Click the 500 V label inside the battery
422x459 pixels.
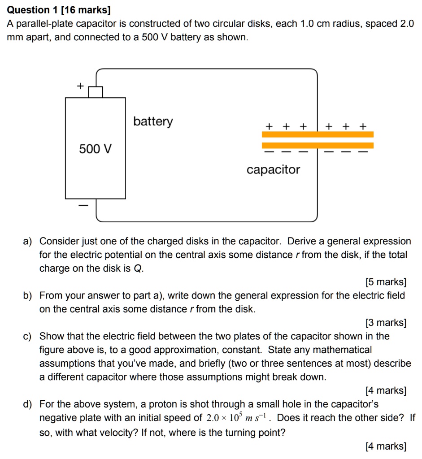click(x=96, y=149)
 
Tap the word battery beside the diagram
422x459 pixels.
click(x=152, y=121)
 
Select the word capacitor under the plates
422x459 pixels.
click(x=273, y=170)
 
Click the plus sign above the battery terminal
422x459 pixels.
click(x=80, y=86)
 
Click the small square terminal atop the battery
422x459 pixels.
click(x=96, y=91)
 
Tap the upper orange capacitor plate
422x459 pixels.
click(x=318, y=134)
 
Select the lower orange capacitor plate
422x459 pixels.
click(x=318, y=145)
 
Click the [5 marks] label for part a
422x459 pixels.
click(x=386, y=282)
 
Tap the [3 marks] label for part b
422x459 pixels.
click(x=386, y=323)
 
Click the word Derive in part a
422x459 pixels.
click(x=302, y=241)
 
